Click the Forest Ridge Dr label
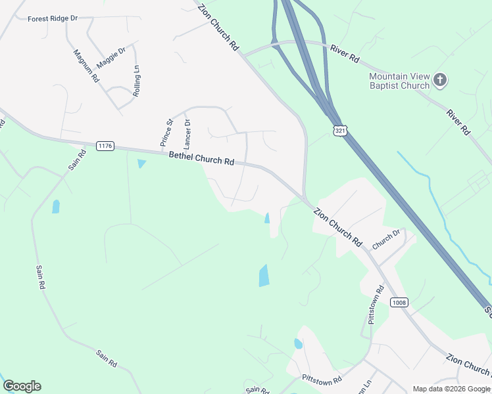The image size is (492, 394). point(53,18)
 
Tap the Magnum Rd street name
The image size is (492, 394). point(86,66)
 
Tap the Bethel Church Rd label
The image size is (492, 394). point(202,158)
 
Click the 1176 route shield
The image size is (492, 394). point(105,145)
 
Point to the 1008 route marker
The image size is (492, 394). point(399,302)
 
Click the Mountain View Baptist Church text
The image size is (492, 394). point(399,81)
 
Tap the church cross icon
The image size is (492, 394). point(440,81)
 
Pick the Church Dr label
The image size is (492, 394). point(386,239)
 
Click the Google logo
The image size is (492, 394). point(22,386)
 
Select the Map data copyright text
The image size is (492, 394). point(451,389)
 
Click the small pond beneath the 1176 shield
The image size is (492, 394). point(141,164)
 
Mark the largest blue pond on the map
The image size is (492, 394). point(264,275)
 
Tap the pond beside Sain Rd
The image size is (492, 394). point(56,207)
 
